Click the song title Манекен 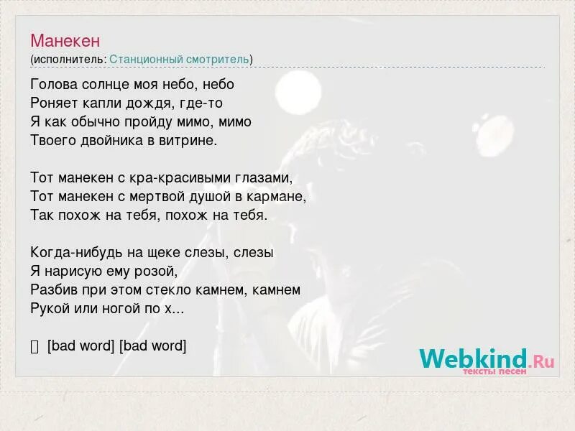coord(65,40)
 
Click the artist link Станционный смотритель coord(180,59)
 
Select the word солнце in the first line coord(102,84)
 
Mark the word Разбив coord(52,290)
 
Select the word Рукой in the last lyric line coord(50,309)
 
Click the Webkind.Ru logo coord(487,359)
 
